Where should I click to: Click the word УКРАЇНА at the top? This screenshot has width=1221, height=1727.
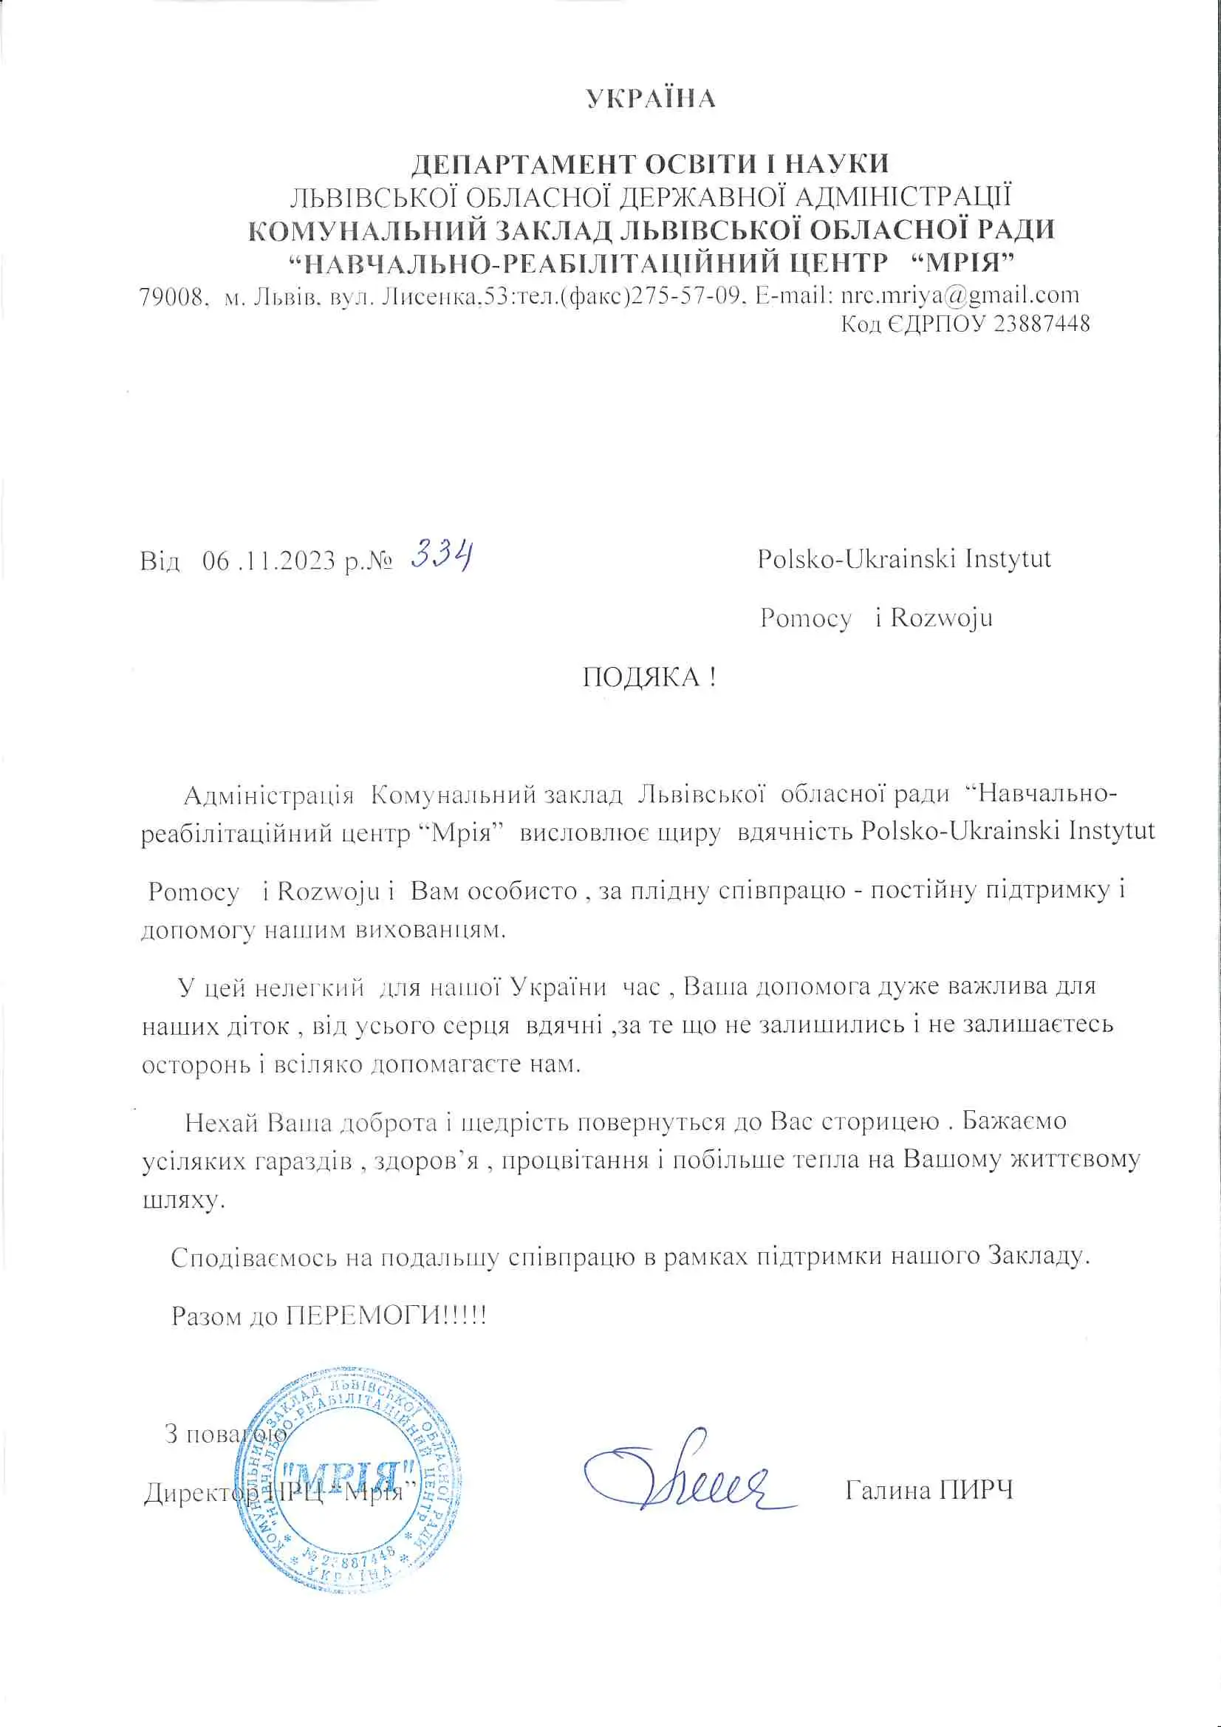point(651,98)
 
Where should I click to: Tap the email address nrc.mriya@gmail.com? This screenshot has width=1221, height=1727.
point(960,295)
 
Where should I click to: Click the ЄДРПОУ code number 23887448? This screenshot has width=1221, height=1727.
point(1042,324)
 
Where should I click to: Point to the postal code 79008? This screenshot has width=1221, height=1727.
point(171,296)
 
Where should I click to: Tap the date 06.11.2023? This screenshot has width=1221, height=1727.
point(269,561)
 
